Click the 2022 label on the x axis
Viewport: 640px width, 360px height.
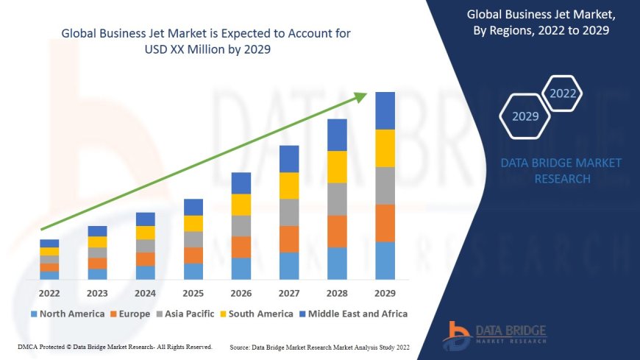(49, 293)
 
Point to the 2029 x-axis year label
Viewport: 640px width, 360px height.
(385, 293)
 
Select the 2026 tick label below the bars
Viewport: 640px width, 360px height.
(241, 293)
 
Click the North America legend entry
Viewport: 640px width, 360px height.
(67, 314)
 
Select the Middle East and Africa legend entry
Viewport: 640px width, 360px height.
(355, 314)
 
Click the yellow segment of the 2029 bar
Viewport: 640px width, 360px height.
(385, 148)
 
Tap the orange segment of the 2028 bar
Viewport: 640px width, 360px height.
(337, 231)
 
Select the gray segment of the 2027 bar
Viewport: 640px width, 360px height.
(289, 212)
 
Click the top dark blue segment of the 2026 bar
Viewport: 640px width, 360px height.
(241, 183)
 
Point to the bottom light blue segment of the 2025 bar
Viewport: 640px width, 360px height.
(193, 271)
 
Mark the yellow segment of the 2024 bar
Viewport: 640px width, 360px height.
(146, 233)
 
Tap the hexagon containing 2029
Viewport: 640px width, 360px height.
(525, 116)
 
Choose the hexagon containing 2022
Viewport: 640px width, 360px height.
(563, 93)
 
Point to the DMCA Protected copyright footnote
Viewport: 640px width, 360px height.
(115, 347)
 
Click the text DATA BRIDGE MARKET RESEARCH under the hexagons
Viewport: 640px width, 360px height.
(561, 171)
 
